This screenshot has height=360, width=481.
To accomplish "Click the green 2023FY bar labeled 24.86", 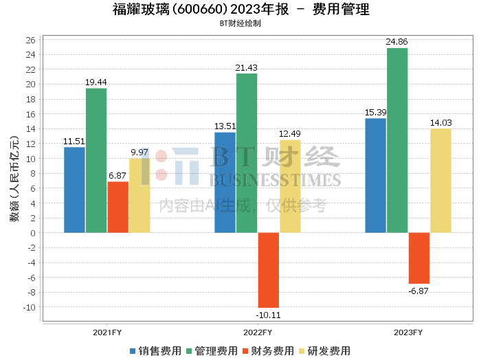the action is (397, 140).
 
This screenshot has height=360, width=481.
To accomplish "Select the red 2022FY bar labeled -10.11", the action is (269, 270).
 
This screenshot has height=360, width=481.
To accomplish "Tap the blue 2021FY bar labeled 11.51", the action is (74, 190).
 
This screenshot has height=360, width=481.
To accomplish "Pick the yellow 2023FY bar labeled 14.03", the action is (441, 181).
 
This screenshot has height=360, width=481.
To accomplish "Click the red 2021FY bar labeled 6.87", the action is (118, 207).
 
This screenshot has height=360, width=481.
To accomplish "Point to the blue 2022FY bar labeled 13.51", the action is (225, 183).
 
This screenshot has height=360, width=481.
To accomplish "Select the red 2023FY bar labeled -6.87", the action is (419, 258).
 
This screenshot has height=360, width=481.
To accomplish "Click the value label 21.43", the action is (246, 68).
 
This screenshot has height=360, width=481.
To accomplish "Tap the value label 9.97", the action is (139, 153).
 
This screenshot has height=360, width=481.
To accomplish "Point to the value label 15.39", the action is (375, 113).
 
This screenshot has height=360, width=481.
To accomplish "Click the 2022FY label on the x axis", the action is (258, 333).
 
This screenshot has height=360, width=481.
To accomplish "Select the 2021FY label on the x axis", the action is (107, 333).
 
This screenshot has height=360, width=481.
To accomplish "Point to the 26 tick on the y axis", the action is (31, 40).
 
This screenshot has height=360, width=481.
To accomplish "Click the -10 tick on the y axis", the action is (30, 307).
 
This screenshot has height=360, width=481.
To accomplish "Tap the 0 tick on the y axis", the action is (33, 233).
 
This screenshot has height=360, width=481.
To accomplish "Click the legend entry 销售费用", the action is (155, 351).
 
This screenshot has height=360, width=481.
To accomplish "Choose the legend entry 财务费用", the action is (268, 351).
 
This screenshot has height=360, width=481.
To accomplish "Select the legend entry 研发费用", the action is (324, 351).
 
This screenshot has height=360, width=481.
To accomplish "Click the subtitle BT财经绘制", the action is (240, 23).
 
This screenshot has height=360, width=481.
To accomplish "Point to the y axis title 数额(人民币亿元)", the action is (14, 179).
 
